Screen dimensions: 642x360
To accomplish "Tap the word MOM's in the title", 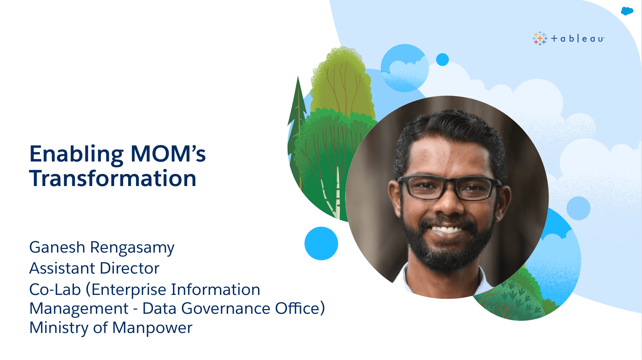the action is click(x=168, y=154).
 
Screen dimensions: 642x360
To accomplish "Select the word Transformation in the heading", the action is click(x=113, y=178).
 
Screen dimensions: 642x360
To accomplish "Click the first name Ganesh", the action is click(x=57, y=247).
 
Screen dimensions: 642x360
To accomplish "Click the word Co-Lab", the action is click(x=55, y=290).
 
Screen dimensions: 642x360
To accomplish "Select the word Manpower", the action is click(x=152, y=328).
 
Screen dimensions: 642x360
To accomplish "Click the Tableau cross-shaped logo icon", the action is click(x=540, y=38).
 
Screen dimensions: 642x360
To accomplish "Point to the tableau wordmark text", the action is click(x=577, y=38).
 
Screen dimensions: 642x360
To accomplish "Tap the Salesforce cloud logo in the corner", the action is click(x=627, y=11).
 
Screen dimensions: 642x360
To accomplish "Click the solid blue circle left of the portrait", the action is click(x=321, y=243).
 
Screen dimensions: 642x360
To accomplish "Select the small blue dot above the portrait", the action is click(x=442, y=59).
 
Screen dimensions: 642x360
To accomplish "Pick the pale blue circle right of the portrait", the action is click(x=578, y=208).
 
